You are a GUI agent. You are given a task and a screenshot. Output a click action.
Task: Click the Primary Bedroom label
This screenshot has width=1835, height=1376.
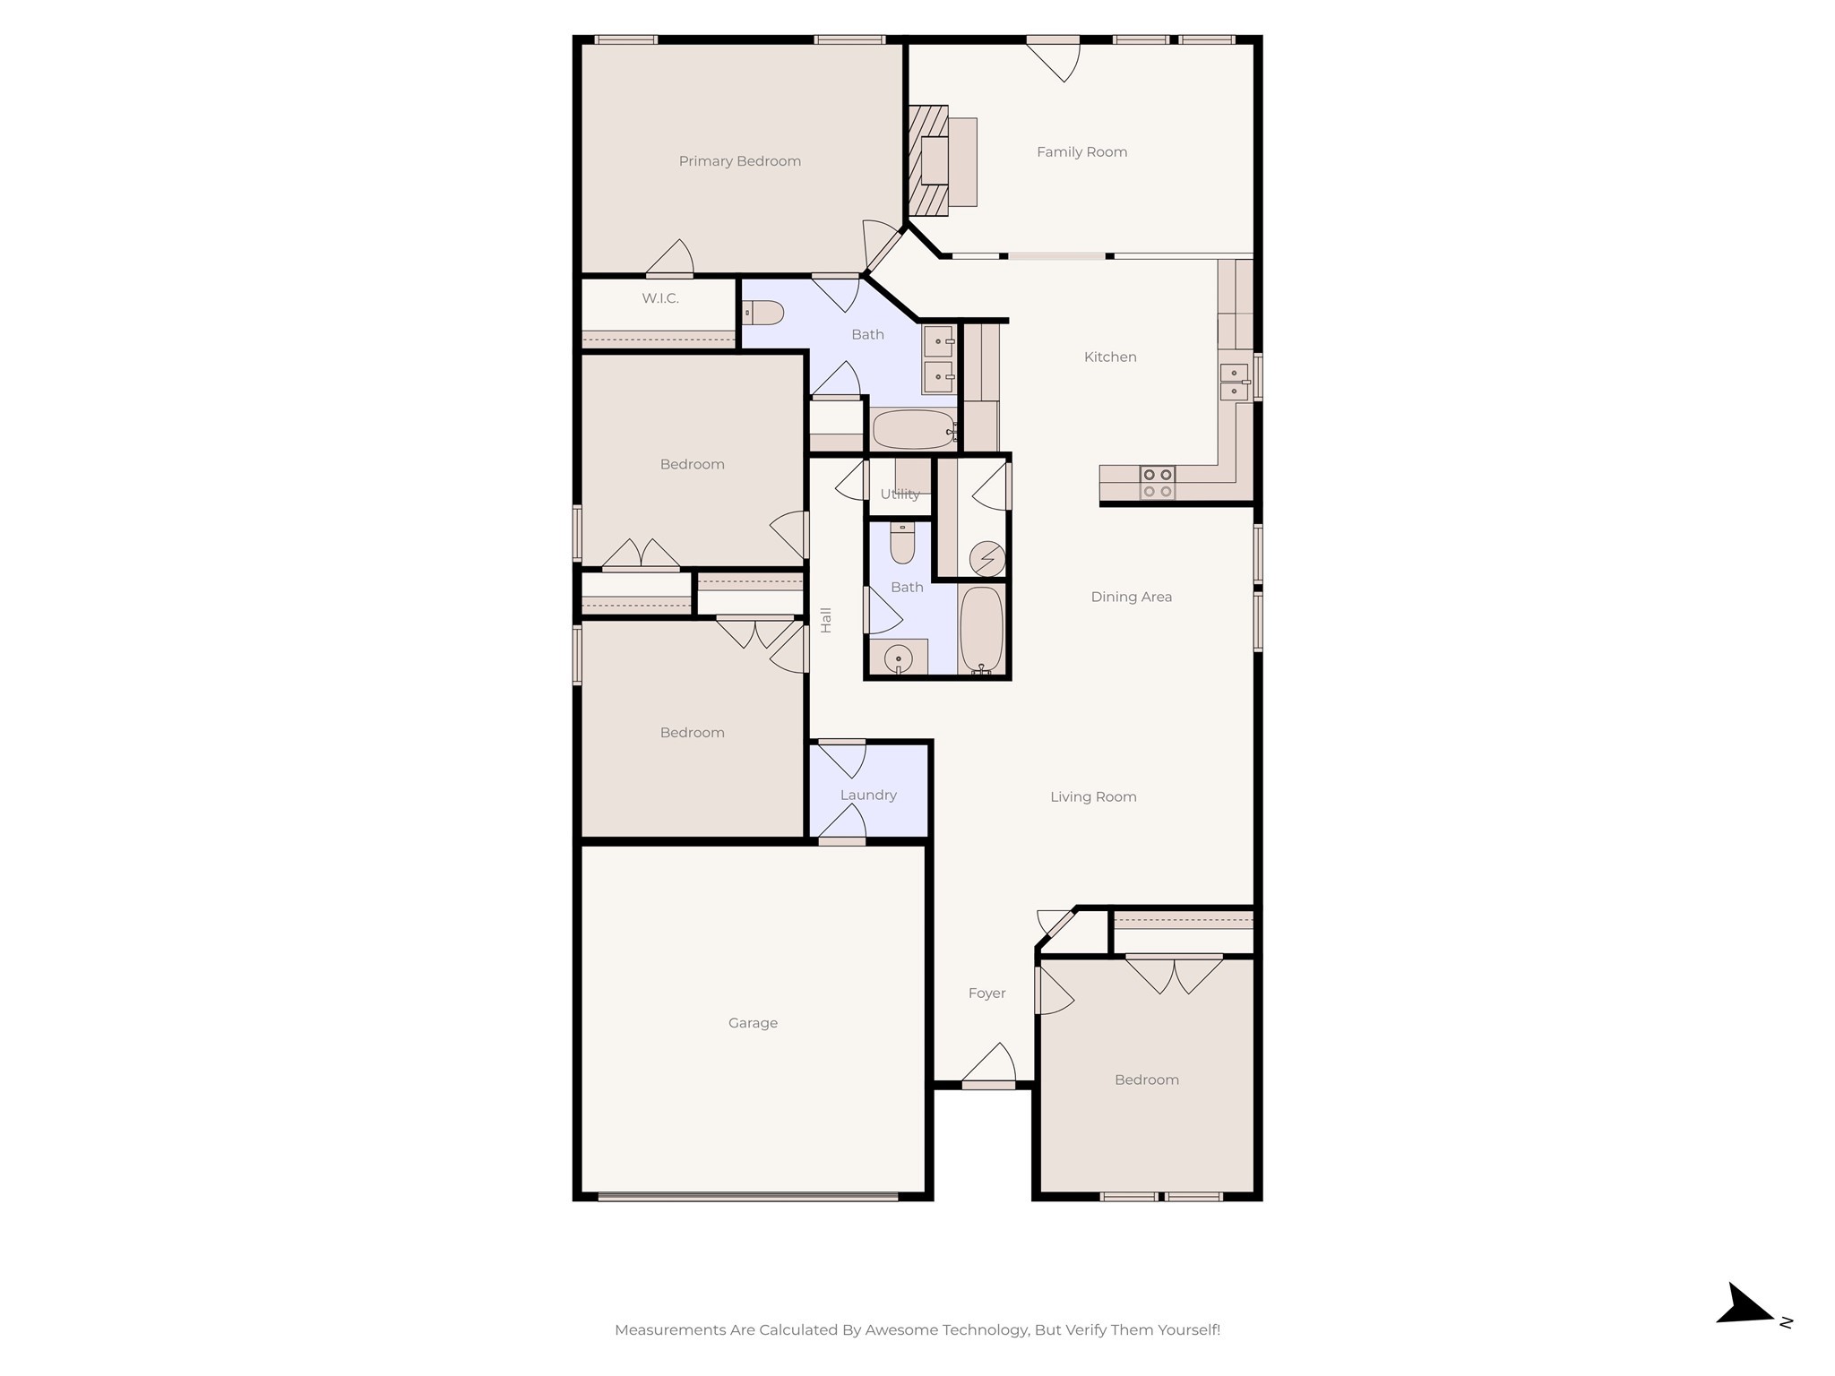(739, 161)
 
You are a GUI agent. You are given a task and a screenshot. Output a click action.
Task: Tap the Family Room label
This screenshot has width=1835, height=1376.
(1081, 152)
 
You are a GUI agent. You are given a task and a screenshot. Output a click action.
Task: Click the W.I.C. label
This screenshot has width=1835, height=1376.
(660, 298)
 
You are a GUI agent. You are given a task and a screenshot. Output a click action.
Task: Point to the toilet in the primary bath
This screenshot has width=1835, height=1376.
(764, 313)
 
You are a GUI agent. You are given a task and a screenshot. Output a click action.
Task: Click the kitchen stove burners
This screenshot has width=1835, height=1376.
(1157, 483)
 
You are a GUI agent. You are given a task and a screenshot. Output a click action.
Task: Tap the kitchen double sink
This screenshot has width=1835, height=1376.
(1234, 382)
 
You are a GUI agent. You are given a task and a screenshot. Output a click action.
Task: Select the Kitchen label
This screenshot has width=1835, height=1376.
(1110, 357)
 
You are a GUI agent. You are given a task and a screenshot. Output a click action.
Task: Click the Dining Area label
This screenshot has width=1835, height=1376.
(1131, 597)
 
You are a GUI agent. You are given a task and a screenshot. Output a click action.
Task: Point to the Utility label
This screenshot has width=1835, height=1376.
(900, 494)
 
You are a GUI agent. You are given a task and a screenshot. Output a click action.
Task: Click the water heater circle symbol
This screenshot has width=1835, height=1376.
(987, 559)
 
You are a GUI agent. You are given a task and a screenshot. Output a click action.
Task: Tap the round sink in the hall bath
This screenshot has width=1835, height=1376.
(898, 659)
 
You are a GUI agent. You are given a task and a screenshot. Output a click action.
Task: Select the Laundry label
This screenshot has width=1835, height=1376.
(868, 795)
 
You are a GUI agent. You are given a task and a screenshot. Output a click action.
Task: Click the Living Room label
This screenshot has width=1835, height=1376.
(1093, 796)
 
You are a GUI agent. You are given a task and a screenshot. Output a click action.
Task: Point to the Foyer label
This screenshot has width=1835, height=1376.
(986, 993)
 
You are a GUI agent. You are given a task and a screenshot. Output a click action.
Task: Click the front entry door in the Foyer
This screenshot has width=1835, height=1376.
(988, 1084)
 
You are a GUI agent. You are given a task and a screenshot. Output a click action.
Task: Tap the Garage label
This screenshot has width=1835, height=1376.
(753, 1023)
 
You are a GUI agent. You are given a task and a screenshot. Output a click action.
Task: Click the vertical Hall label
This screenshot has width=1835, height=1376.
(826, 620)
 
